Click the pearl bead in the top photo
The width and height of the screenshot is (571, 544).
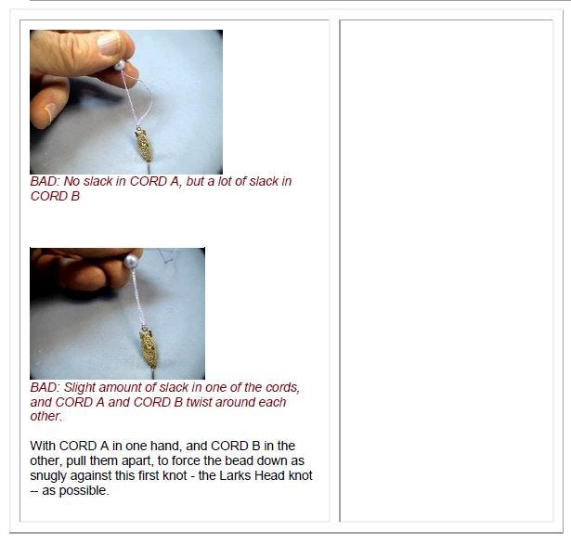[x=120, y=66]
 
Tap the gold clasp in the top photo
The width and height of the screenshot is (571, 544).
[x=144, y=145]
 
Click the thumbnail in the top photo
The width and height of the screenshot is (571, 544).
[x=109, y=44]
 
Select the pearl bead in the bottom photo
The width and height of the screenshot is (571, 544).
[x=131, y=261]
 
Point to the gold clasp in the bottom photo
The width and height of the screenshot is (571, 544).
[x=149, y=349]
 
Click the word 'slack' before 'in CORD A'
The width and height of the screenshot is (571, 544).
[x=97, y=181]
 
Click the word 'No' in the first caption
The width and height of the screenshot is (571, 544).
[x=71, y=181]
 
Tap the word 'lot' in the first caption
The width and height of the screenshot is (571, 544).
[x=225, y=181]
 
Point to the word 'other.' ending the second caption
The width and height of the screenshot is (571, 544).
[x=46, y=416]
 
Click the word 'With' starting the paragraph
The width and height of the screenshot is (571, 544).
[x=43, y=446]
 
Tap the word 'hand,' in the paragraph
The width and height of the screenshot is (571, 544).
[x=166, y=446]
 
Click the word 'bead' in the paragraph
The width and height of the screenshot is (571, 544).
[x=239, y=460]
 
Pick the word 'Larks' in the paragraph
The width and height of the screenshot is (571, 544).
[x=235, y=475]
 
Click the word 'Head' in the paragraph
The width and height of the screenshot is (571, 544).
[x=269, y=475]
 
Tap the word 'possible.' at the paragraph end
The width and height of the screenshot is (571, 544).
[x=84, y=491]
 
